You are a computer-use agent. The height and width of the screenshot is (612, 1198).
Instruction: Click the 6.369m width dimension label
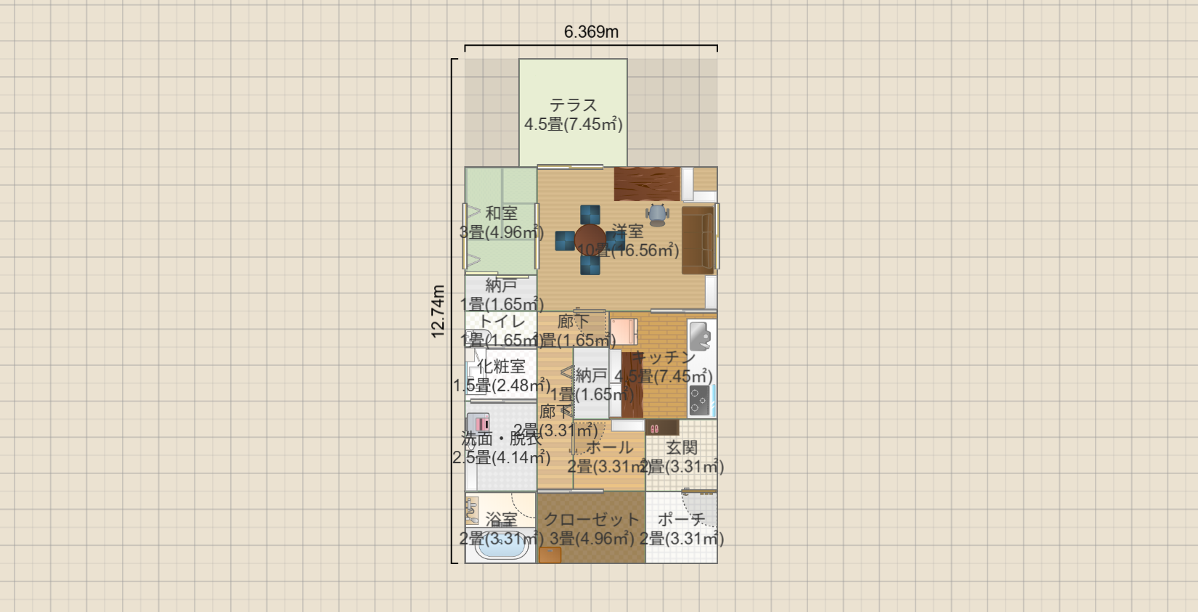coord(591,32)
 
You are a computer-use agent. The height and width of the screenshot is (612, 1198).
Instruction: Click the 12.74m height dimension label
coord(438,311)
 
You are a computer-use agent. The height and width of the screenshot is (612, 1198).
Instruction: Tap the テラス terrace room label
coord(573,105)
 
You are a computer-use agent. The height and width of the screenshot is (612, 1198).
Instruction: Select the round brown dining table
coord(590,239)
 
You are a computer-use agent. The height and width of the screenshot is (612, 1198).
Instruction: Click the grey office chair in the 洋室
coord(657,214)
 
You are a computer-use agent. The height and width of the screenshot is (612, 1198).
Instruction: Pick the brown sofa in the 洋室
coord(697,240)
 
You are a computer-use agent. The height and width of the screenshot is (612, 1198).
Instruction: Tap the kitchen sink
coord(700,336)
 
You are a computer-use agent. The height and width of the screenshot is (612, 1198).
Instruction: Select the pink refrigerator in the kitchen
coord(623,332)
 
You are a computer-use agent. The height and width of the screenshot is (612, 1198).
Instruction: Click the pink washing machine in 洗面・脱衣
coord(478,423)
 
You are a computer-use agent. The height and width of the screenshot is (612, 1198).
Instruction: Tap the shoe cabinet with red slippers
coord(661,428)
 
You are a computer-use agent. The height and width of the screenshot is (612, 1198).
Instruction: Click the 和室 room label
coord(501,213)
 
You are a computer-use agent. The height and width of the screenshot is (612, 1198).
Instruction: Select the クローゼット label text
coord(591,520)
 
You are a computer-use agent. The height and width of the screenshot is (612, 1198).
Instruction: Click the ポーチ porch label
coord(681,520)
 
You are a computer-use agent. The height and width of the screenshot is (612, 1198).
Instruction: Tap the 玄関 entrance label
coord(681,448)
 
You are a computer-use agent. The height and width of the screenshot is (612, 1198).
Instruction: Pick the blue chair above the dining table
coord(590,215)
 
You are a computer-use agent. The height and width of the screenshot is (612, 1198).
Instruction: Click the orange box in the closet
coord(550,555)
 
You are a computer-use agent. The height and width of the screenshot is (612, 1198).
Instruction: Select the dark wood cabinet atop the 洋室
coord(647,184)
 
